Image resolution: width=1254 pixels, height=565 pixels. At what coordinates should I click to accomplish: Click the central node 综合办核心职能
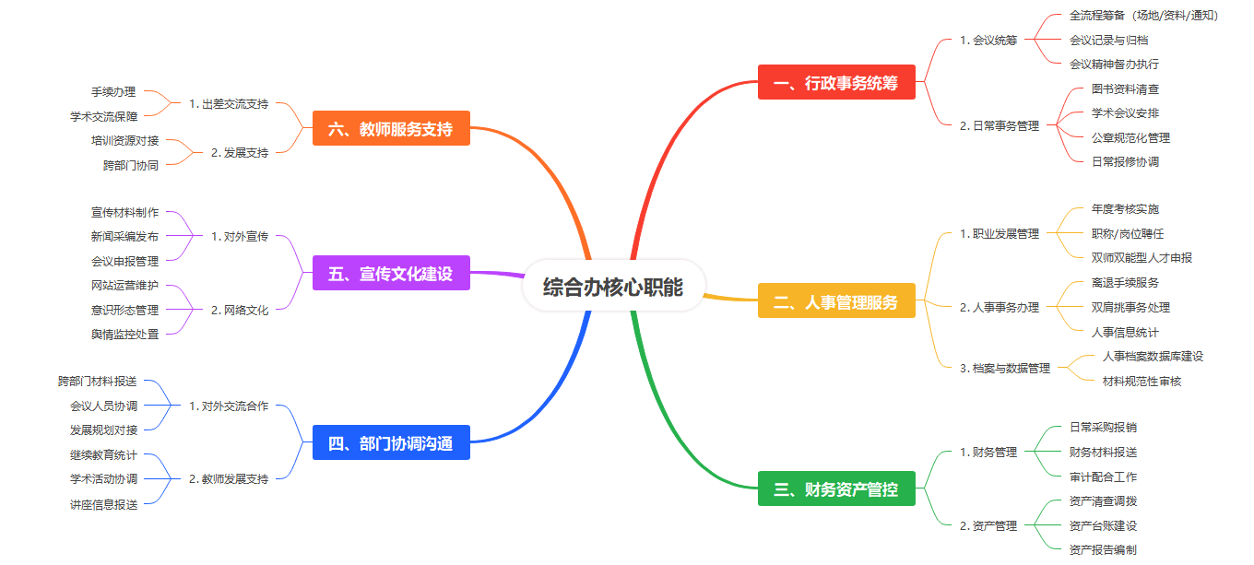(613, 287)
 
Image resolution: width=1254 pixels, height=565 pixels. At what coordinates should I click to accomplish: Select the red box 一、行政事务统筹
(836, 83)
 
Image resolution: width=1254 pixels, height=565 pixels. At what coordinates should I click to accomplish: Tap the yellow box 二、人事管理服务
(836, 301)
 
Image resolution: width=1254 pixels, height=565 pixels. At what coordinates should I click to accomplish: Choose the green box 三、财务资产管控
(836, 488)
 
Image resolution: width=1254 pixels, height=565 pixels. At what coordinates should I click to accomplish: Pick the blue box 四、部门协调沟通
(391, 443)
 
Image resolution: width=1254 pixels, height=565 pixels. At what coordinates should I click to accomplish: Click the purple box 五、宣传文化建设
(391, 274)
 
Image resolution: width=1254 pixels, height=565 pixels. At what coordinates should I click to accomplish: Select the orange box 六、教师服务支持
(391, 129)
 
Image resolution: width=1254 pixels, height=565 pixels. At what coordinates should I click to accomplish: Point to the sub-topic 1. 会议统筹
(988, 41)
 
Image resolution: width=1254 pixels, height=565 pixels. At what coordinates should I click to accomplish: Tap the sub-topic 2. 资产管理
(988, 526)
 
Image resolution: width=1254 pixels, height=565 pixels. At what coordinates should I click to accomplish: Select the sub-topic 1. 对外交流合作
(229, 406)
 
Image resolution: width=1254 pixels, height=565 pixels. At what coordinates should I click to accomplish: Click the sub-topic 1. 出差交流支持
(229, 104)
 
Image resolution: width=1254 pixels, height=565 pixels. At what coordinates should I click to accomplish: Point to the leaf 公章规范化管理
(1130, 138)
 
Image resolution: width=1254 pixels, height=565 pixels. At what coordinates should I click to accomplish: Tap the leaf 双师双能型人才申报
(1142, 258)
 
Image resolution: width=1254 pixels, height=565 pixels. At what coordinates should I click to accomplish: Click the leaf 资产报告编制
(1103, 550)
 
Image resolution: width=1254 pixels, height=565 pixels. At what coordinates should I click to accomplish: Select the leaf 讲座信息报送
(104, 504)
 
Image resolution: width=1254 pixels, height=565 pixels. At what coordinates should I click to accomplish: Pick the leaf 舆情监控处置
(125, 335)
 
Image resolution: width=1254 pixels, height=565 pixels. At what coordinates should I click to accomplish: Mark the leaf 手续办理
(113, 92)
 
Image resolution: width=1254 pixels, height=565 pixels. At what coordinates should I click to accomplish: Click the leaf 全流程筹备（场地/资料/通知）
(1143, 16)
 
